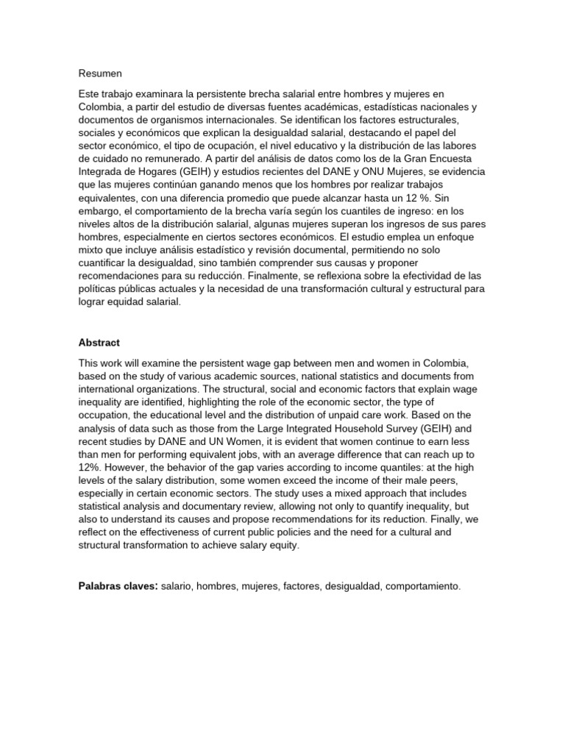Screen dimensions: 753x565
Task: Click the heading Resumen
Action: point(100,73)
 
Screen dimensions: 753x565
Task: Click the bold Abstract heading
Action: point(99,342)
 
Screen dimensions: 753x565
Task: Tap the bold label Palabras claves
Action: point(118,586)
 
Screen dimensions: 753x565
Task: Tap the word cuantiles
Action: point(305,210)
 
